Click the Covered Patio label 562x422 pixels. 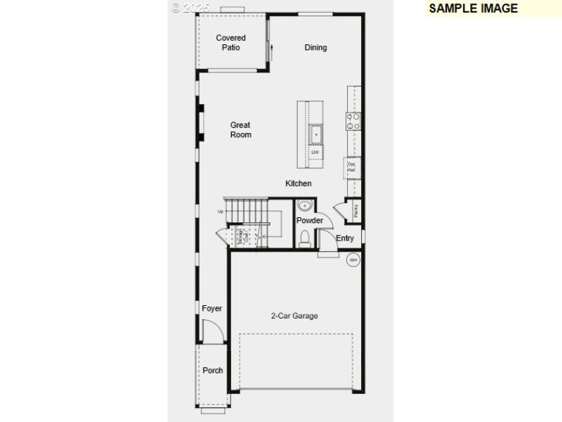click(x=230, y=42)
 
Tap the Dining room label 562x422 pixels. click(x=315, y=48)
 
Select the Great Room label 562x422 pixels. click(x=240, y=129)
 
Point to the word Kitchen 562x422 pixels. click(x=298, y=184)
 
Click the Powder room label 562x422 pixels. click(x=309, y=220)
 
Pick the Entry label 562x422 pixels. click(x=345, y=238)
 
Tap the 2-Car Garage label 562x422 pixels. click(x=294, y=316)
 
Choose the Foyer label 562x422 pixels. click(x=211, y=309)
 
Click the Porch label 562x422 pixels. click(x=213, y=370)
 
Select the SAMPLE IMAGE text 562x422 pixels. click(x=473, y=8)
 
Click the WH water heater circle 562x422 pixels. click(x=353, y=260)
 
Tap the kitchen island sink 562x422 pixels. click(x=316, y=132)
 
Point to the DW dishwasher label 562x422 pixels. click(x=315, y=152)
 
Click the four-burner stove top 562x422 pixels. click(x=353, y=121)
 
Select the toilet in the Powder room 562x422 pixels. click(x=304, y=238)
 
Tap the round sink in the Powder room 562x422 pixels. click(x=304, y=206)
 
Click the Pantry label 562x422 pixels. click(x=356, y=209)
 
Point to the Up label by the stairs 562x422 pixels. click(x=221, y=211)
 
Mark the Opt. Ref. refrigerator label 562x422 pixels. click(x=352, y=167)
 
